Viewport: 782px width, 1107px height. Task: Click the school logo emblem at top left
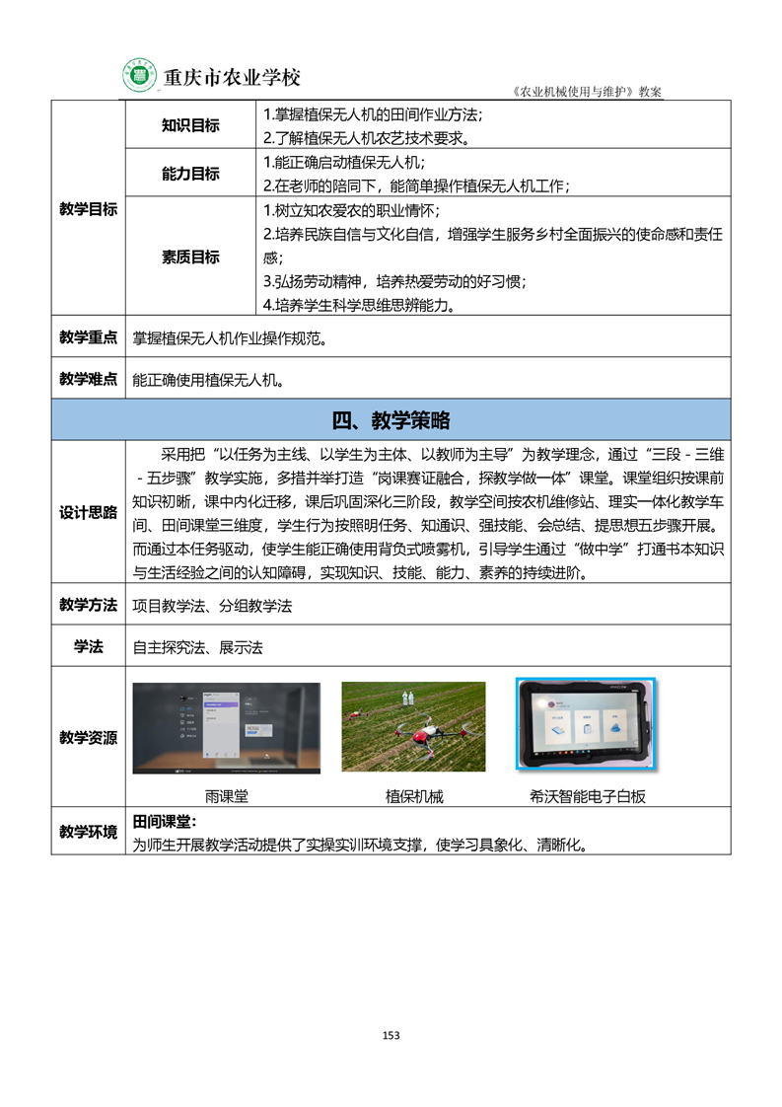(x=140, y=75)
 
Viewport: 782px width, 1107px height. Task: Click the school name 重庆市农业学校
(x=231, y=77)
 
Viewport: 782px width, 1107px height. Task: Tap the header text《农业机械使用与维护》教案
(x=589, y=91)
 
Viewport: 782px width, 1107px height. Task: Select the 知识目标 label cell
(x=190, y=125)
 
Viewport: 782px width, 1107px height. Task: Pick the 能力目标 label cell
(x=190, y=174)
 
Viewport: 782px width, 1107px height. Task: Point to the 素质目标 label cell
(x=190, y=257)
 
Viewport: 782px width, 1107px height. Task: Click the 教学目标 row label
(x=88, y=209)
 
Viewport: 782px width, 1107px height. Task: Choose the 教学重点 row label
(x=88, y=337)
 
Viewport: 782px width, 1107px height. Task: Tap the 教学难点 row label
(x=88, y=379)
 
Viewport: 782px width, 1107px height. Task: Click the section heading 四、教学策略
(x=391, y=420)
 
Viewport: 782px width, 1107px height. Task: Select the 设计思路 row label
(x=88, y=513)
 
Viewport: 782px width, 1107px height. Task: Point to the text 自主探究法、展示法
(x=197, y=647)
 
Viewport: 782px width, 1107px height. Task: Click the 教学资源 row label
(x=88, y=737)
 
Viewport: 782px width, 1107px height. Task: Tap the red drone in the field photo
(x=411, y=731)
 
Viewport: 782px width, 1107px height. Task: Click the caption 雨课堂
(x=226, y=795)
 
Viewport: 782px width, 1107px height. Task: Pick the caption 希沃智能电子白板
(x=588, y=795)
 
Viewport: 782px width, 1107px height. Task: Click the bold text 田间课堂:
(x=165, y=822)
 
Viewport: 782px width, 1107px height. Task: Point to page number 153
(x=391, y=1035)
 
